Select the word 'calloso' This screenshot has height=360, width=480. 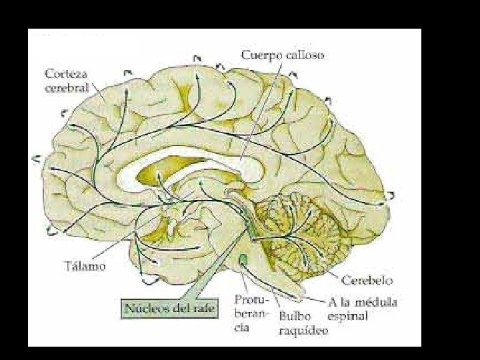305,55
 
